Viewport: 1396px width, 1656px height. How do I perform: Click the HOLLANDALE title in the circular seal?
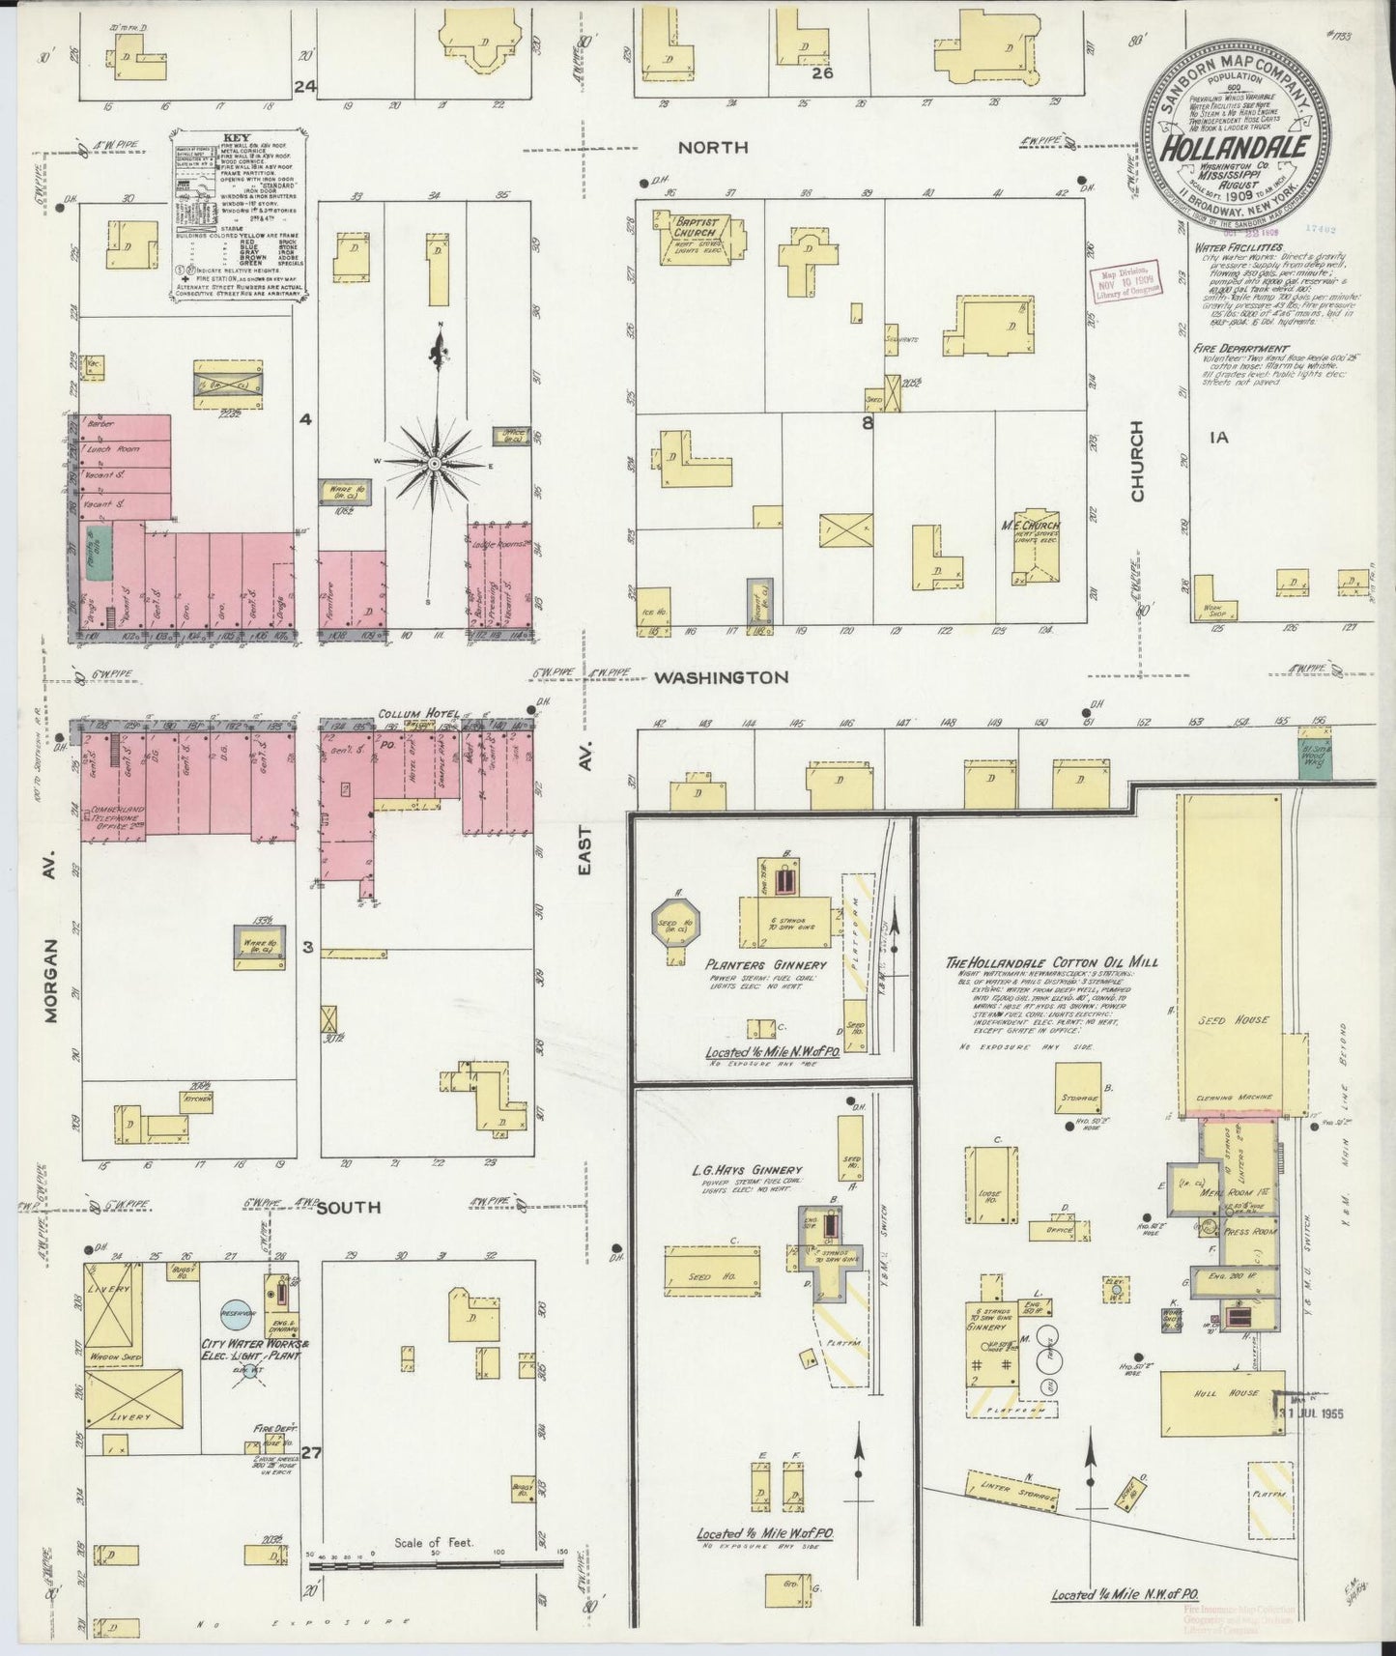coord(1236,149)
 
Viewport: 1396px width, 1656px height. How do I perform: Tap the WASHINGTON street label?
coord(720,677)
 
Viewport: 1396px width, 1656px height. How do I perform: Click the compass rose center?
coord(435,465)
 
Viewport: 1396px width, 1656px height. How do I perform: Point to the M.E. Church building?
coord(1036,548)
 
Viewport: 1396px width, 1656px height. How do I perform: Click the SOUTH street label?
coord(349,1207)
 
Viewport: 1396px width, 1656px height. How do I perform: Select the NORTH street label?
coord(712,147)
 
